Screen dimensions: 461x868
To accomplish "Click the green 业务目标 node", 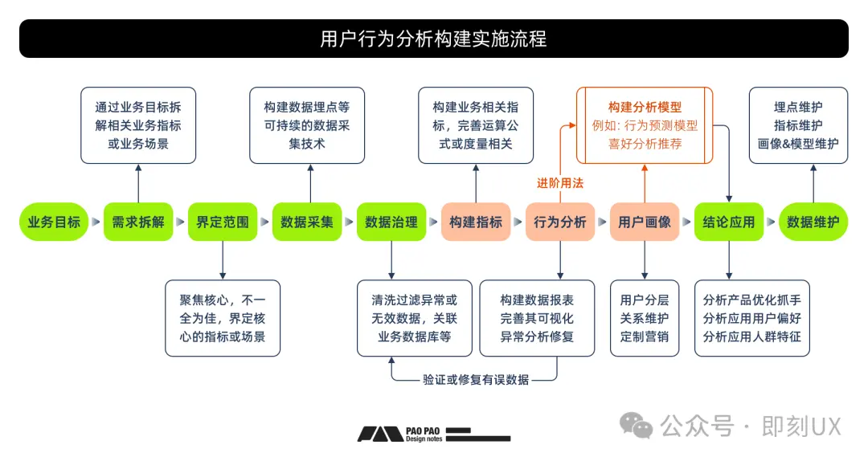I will [54, 222].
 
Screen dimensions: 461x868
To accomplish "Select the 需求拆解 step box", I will [138, 222].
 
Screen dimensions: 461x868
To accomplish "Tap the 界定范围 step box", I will [223, 222].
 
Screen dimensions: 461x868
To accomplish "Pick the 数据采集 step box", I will [307, 222].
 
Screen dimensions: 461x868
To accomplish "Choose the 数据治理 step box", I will [391, 222].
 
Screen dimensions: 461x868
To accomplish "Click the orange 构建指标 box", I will [476, 222].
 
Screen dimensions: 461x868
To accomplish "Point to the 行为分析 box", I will [560, 222].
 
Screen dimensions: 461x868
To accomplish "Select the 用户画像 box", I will [645, 222].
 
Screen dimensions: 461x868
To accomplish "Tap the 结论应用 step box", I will [729, 222].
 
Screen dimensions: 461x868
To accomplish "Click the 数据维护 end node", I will [813, 222].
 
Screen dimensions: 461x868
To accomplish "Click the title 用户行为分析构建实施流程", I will [433, 39].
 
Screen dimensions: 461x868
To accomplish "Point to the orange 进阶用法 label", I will [560, 183].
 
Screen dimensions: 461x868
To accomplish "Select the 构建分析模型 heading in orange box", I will [645, 106].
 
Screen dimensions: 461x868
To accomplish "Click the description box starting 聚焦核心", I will [223, 318].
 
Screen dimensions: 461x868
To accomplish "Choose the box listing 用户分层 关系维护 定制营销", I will [645, 318].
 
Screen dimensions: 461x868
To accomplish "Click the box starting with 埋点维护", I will [798, 125].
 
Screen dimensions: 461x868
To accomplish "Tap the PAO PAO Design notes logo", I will [434, 434].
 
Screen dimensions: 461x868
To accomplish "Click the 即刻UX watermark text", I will [800, 426].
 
